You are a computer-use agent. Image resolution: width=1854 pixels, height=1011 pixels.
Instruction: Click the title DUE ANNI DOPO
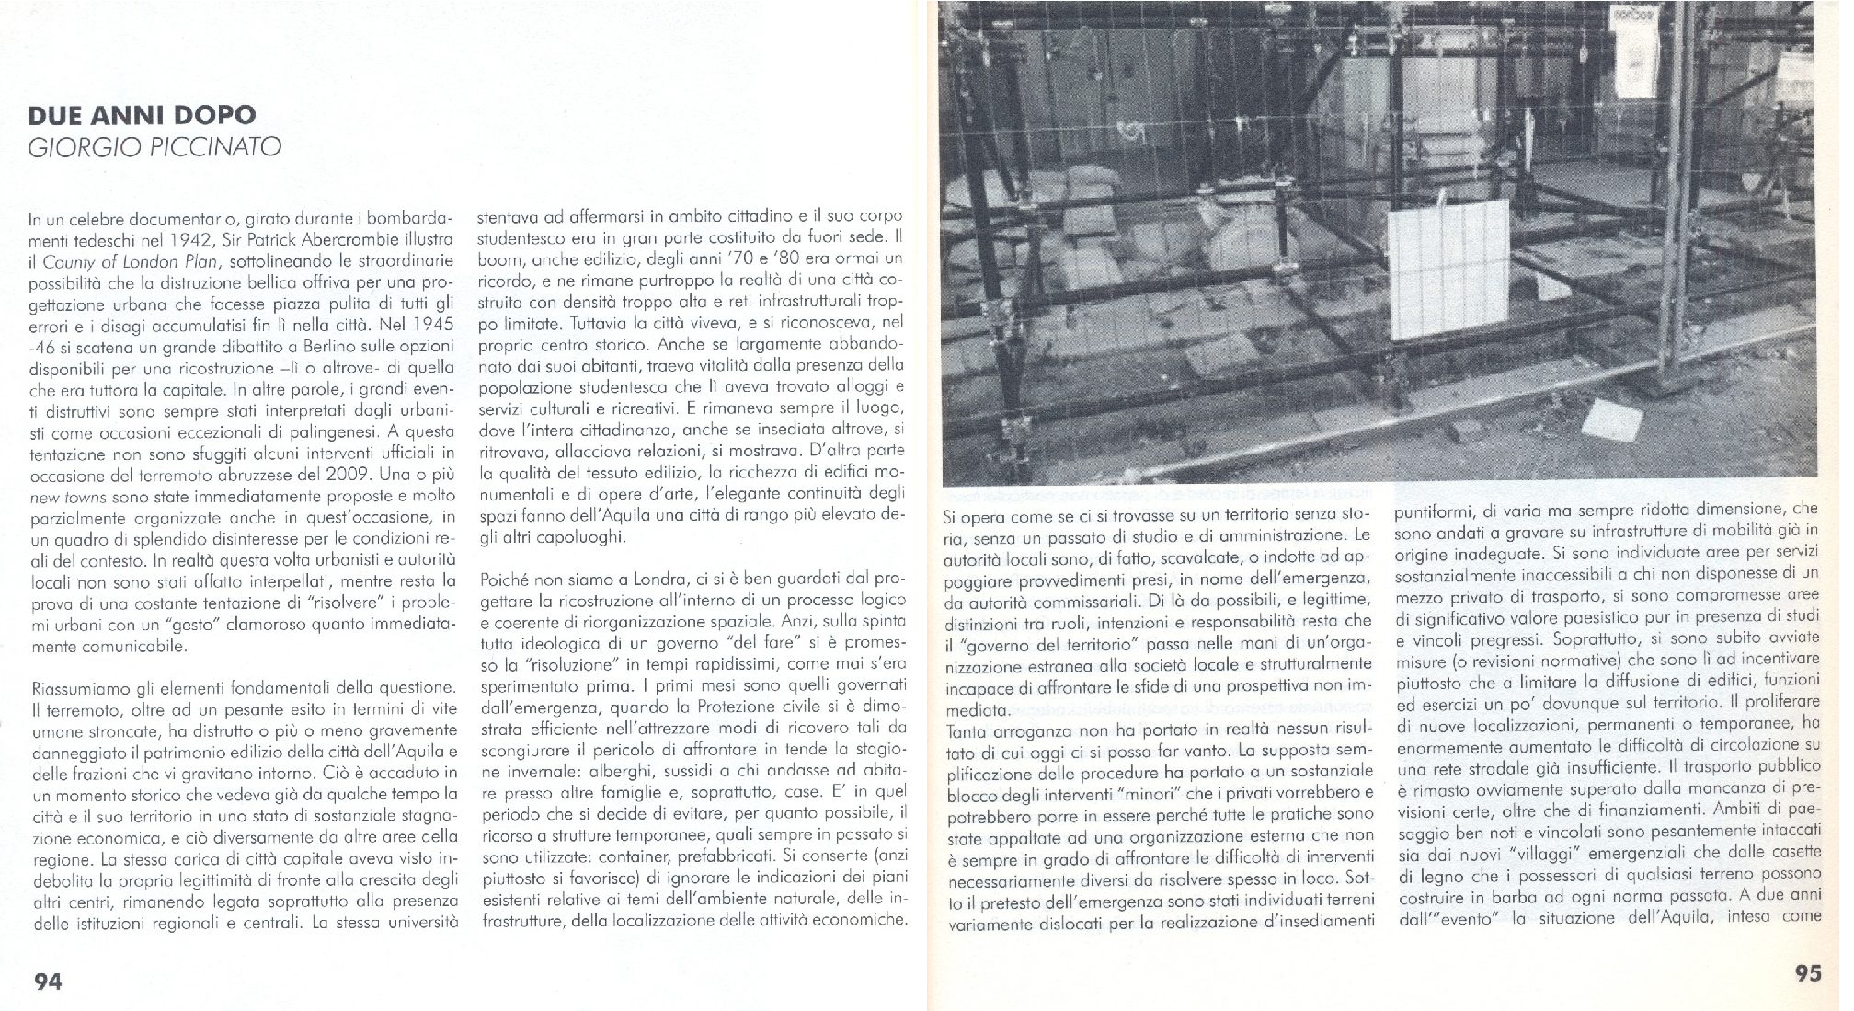tap(142, 116)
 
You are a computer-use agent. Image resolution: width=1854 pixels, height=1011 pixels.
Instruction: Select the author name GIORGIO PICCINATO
tap(154, 147)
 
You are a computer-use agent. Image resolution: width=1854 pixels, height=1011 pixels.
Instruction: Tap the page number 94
tap(47, 982)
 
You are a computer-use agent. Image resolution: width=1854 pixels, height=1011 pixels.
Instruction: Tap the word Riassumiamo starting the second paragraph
tap(74, 687)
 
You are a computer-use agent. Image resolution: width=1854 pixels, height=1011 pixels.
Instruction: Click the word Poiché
tap(503, 580)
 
